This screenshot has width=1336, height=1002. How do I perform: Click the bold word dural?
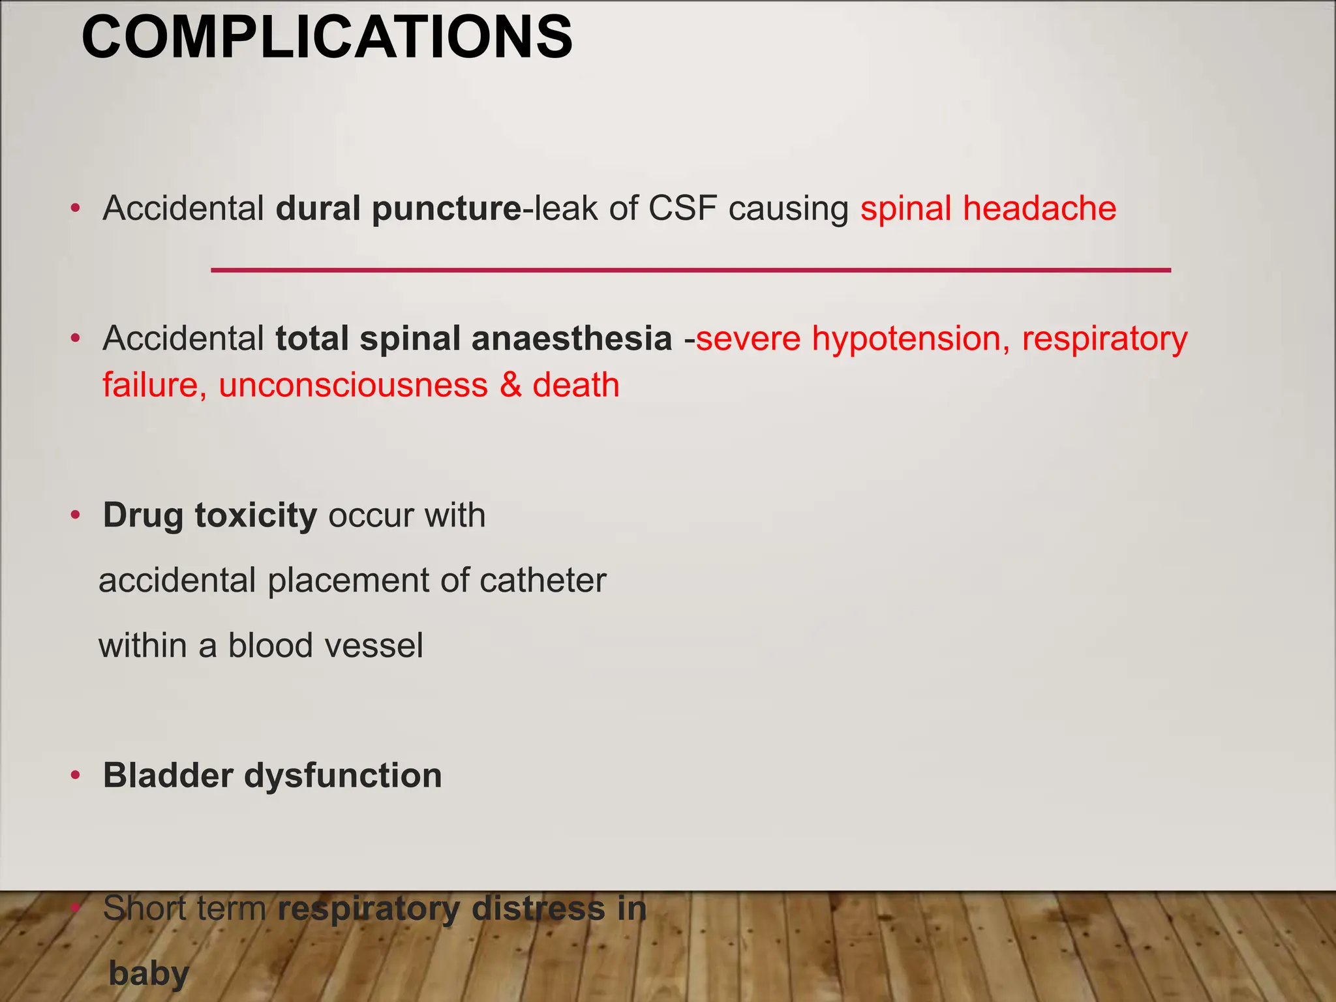pos(318,209)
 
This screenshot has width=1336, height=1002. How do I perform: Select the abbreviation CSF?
pos(682,209)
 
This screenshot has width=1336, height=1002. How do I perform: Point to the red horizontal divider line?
pos(690,270)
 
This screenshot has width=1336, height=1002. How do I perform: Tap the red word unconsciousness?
pos(353,385)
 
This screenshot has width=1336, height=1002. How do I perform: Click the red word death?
pos(575,385)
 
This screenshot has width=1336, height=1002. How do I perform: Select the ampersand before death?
pos(510,385)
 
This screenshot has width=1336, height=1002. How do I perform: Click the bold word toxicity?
pos(256,516)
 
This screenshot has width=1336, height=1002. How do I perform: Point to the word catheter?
pos(543,581)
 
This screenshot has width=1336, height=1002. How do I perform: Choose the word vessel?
pos(374,646)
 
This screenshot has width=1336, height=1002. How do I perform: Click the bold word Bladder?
pos(168,776)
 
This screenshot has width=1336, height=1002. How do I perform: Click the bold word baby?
pos(149,974)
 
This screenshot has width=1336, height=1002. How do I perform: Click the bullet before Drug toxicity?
pos(76,515)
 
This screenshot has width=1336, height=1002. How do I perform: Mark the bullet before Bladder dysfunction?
pos(76,776)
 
